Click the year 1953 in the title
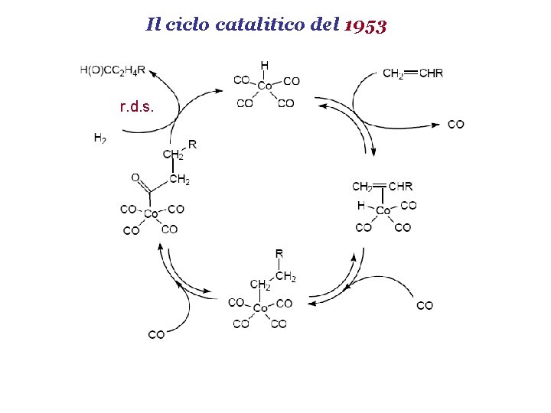[366, 25]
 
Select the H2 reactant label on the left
[99, 138]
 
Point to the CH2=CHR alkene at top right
[412, 73]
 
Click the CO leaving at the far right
[455, 124]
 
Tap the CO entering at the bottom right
[425, 305]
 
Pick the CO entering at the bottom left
[156, 334]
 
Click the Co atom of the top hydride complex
[265, 86]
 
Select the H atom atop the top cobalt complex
[265, 66]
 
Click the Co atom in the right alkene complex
[383, 210]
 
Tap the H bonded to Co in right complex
[360, 206]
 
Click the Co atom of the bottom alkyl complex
[260, 308]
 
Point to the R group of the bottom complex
[279, 253]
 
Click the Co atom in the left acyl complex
[151, 214]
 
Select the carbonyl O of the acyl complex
[135, 177]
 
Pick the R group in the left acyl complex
[192, 144]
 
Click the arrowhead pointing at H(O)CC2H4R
[151, 73]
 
